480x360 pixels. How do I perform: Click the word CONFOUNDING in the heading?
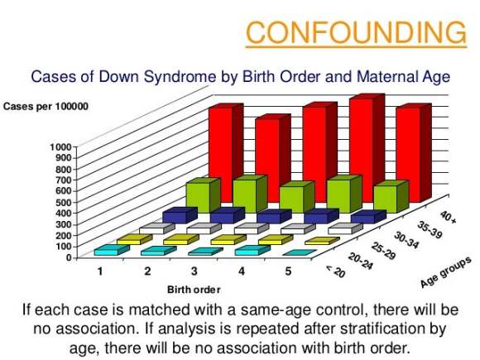[x=356, y=32]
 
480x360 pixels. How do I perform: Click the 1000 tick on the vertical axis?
[x=61, y=147]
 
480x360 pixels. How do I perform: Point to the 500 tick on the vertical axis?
[x=64, y=202]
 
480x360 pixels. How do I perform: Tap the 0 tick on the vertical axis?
[x=69, y=257]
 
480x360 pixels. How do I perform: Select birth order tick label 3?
[x=194, y=271]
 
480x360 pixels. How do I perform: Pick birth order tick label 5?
[x=288, y=271]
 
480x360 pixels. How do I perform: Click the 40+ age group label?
[x=449, y=217]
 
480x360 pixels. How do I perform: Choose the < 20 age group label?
[x=336, y=271]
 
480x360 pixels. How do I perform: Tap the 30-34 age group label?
[x=406, y=240]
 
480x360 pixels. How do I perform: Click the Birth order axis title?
[x=194, y=290]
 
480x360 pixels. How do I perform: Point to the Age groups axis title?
[x=445, y=272]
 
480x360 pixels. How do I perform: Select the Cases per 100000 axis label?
[x=46, y=107]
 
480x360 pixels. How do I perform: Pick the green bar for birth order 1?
[x=203, y=195]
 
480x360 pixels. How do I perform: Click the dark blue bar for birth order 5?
[x=368, y=217]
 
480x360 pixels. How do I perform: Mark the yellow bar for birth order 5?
[x=322, y=241]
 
